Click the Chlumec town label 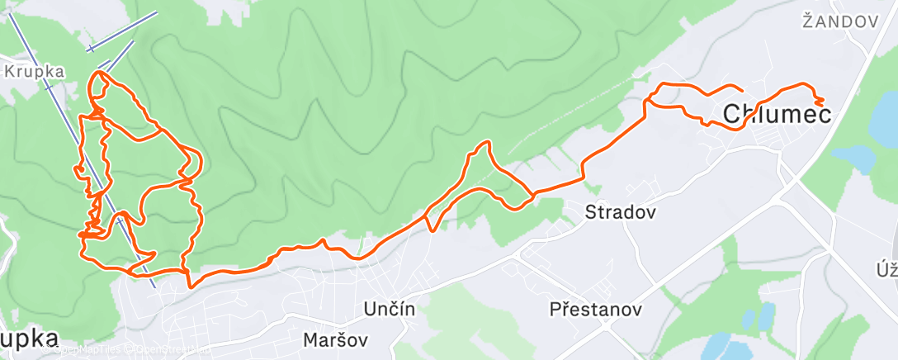pyautogui.click(x=777, y=115)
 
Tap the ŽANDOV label pyautogui.click(x=839, y=22)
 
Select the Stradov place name pyautogui.click(x=620, y=212)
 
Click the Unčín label pyautogui.click(x=389, y=308)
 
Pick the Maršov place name pyautogui.click(x=335, y=339)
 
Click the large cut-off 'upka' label pyautogui.click(x=30, y=338)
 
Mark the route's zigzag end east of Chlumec pyautogui.click(x=820, y=100)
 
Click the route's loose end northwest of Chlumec pyautogui.click(x=741, y=89)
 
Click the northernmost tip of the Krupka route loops pyautogui.click(x=100, y=73)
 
